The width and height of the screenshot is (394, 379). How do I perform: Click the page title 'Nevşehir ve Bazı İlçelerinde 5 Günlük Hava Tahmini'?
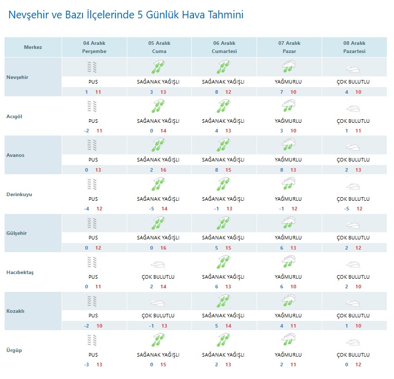click(x=126, y=15)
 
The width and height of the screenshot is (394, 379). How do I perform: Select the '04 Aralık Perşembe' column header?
click(x=94, y=47)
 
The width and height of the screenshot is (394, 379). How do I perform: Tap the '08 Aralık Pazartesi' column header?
click(x=354, y=47)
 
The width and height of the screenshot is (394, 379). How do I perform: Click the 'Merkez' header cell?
click(x=33, y=47)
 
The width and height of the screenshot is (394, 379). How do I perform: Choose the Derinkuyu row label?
click(x=20, y=194)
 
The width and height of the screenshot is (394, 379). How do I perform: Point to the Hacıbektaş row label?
click(x=20, y=272)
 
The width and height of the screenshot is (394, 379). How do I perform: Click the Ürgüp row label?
click(x=14, y=350)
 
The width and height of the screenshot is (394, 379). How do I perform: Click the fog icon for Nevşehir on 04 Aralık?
click(x=93, y=67)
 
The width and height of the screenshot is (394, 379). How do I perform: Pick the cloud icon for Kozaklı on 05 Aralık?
click(x=158, y=302)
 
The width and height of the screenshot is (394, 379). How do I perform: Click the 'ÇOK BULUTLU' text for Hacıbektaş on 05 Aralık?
click(x=158, y=277)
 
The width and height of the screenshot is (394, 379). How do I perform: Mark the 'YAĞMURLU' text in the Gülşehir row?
click(x=288, y=238)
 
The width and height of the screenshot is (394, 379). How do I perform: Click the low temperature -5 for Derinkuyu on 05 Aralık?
click(x=151, y=209)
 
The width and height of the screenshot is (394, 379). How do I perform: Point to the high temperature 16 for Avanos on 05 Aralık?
click(x=163, y=170)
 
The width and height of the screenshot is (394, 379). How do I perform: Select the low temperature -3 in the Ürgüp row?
click(x=87, y=365)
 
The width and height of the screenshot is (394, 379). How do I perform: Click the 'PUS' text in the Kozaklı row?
click(x=93, y=316)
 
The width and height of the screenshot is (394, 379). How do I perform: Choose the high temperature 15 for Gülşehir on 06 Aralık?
click(x=229, y=248)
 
